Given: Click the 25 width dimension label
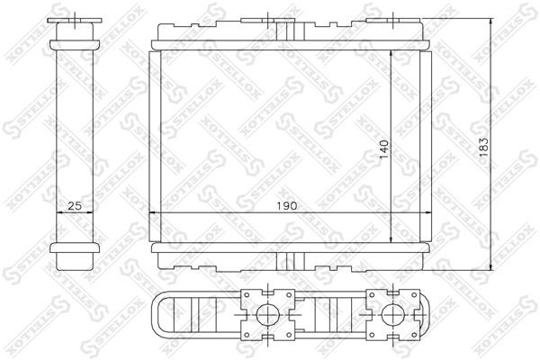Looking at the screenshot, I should tap(76, 205).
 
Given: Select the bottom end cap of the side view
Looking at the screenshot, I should tap(76, 256).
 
